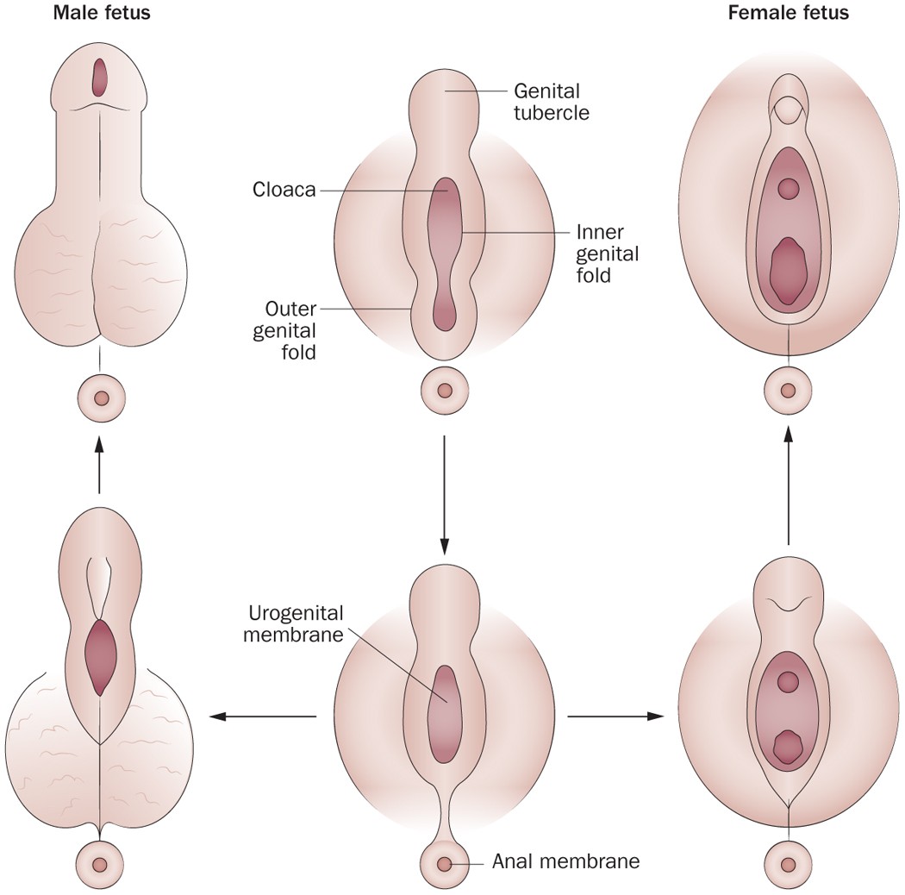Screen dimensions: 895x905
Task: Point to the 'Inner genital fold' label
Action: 607,254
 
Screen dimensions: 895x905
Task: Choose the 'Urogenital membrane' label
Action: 296,625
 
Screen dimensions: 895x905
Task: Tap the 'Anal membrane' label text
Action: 565,861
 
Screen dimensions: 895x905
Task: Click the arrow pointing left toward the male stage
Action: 264,716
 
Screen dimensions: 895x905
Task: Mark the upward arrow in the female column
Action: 787,488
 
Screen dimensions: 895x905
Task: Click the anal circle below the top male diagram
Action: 101,398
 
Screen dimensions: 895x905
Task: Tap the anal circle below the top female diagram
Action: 788,390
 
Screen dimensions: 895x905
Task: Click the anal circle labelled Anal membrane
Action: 445,862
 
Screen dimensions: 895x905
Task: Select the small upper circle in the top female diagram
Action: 788,187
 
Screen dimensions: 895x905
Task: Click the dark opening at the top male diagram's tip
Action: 101,77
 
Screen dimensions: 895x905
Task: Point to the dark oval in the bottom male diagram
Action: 101,656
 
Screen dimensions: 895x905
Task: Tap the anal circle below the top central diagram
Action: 445,391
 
